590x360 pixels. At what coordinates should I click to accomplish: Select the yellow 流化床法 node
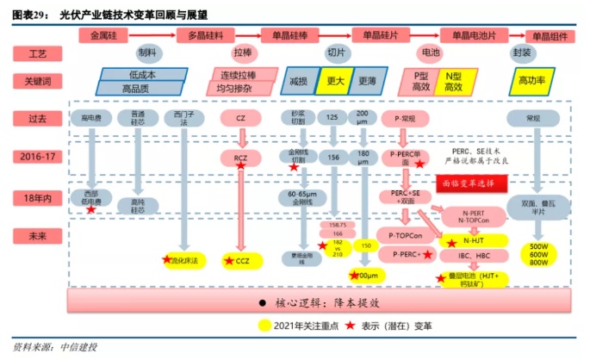tap(183, 259)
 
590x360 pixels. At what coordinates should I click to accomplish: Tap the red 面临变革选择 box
tap(473, 183)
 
